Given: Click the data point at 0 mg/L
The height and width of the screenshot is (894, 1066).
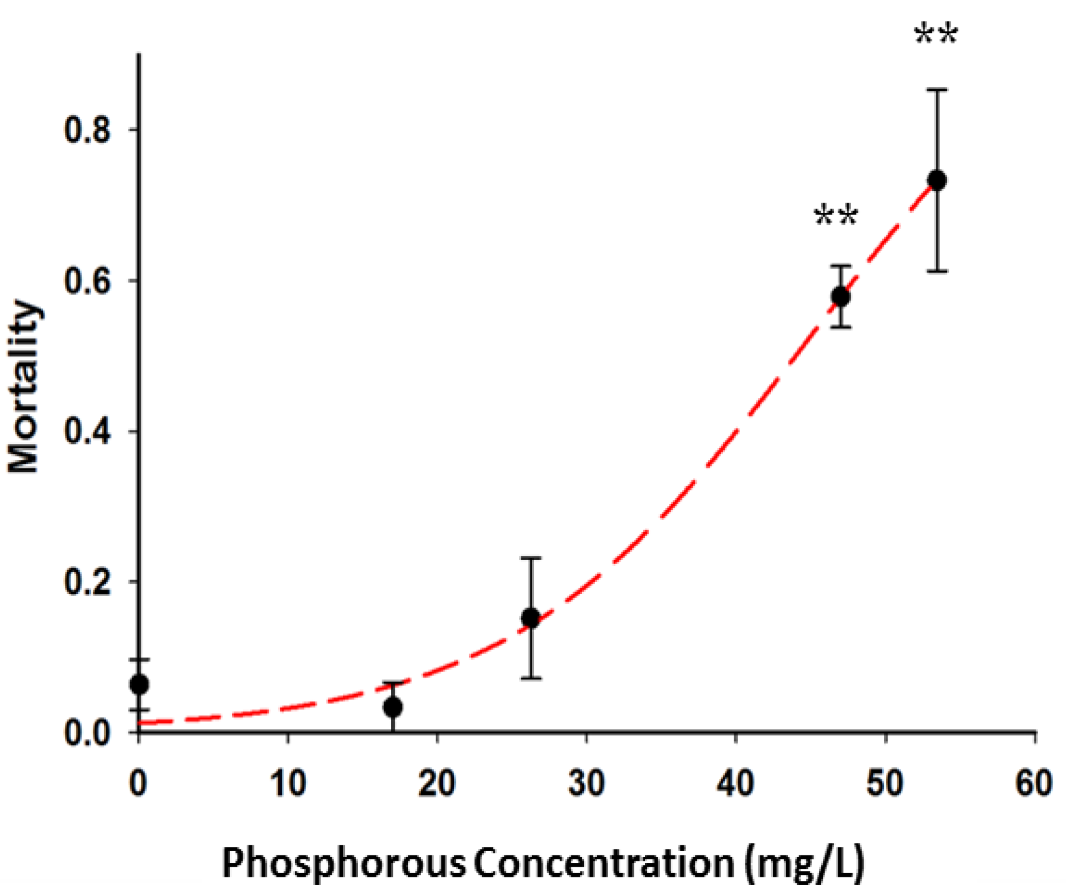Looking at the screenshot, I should click(x=139, y=684).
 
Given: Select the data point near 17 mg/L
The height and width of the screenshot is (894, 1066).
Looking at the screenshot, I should click(x=392, y=707).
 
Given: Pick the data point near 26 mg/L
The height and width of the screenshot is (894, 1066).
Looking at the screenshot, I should click(x=530, y=618).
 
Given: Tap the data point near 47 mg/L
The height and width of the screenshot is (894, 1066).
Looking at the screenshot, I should click(x=840, y=296).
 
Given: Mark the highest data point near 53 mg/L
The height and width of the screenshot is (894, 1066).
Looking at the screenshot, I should click(x=937, y=180).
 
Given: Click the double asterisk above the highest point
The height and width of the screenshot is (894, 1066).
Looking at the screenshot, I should click(x=936, y=36).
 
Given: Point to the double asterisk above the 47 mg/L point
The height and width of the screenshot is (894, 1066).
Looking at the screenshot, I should click(x=836, y=217).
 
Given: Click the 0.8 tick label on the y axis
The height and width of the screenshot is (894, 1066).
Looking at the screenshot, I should click(x=87, y=130).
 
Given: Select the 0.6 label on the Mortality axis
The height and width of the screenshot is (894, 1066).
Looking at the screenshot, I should click(x=87, y=281).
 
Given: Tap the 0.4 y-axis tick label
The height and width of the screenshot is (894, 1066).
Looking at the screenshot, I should click(x=87, y=432).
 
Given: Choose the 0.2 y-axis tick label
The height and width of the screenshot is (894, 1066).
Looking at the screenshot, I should click(x=87, y=582).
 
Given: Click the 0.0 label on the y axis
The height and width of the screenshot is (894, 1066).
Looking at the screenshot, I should click(x=87, y=733).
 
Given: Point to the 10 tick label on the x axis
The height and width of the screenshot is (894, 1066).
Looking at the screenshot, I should click(x=288, y=783).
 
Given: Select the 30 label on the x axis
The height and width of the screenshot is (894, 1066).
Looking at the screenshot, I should click(x=586, y=783).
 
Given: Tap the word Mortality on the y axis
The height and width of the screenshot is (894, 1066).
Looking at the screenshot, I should click(x=24, y=386).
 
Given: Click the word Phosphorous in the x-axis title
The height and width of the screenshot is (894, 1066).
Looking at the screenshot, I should click(x=344, y=862).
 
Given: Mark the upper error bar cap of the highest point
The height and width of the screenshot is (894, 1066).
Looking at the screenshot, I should click(x=937, y=90).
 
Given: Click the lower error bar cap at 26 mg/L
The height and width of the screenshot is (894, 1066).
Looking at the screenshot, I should click(x=530, y=678).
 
